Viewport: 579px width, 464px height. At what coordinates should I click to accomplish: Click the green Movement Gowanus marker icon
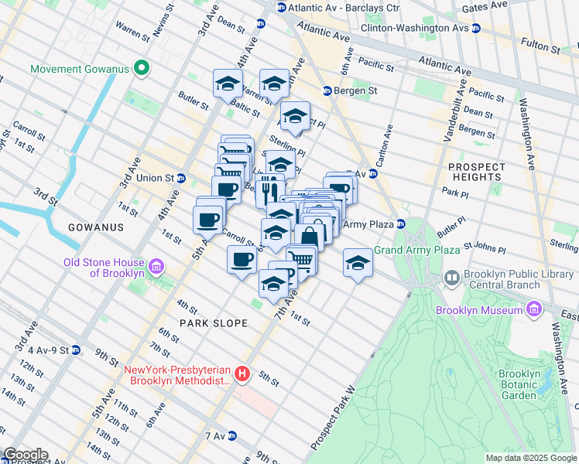coord(142,70)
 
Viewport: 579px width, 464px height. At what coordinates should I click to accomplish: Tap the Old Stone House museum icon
coord(156,267)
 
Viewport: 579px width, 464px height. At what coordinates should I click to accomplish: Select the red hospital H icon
coord(242,375)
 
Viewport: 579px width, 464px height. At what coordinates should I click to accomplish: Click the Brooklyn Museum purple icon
coord(533,310)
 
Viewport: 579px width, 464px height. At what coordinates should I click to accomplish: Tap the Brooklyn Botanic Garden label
coord(519,384)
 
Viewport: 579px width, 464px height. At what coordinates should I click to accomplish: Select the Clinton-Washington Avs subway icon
coord(476,28)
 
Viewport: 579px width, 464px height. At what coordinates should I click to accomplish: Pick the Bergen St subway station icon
coord(327,90)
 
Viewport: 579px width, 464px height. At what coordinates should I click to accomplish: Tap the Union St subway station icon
coord(180,178)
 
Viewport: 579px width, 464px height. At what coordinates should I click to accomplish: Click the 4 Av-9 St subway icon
coord(75,350)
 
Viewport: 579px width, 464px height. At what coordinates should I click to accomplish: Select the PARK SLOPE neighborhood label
coord(214,322)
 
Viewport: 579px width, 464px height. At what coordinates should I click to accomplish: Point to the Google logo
coord(25,455)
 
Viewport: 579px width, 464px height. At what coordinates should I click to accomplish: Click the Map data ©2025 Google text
coord(530,458)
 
